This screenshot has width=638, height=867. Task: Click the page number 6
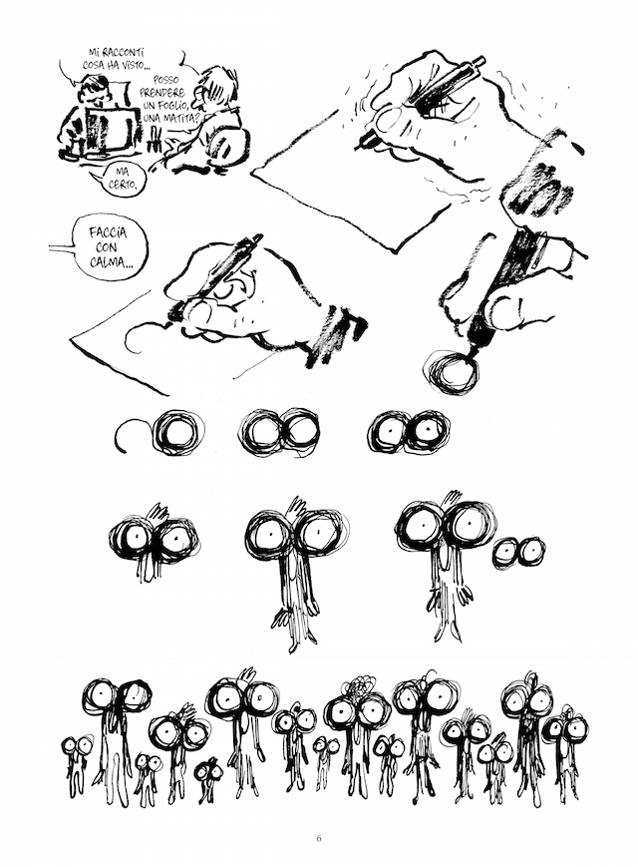click(319, 838)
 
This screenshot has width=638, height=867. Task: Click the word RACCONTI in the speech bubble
click(124, 54)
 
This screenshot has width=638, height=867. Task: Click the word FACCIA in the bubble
click(108, 232)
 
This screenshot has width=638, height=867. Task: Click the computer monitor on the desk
click(109, 130)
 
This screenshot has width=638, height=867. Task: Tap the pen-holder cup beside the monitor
click(157, 142)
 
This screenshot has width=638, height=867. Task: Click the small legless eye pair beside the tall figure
click(518, 552)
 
